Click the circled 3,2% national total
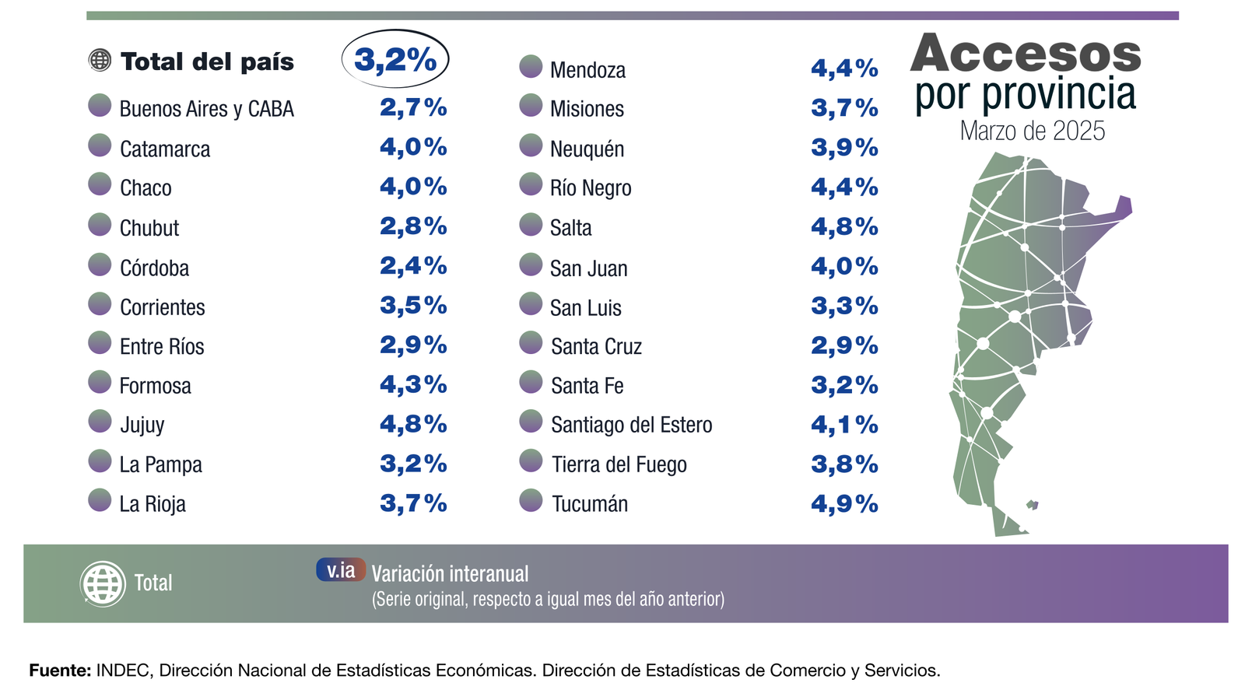point(395,59)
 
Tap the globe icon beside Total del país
point(100,60)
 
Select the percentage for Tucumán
point(844,504)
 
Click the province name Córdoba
point(154,268)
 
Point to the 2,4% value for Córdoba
point(413,266)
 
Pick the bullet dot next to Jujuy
point(100,422)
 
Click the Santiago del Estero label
point(631,425)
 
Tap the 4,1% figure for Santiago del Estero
point(844,425)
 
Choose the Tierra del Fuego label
point(619,464)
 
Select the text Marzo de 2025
point(1032,131)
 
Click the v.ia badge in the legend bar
point(341,570)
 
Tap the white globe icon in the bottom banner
point(103,583)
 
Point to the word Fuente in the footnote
point(59,671)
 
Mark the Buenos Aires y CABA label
point(206,109)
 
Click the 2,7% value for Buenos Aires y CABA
point(413,107)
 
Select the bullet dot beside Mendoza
point(531,67)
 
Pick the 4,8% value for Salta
point(844,227)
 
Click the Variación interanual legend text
point(450,574)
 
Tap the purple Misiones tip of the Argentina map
point(1124,206)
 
